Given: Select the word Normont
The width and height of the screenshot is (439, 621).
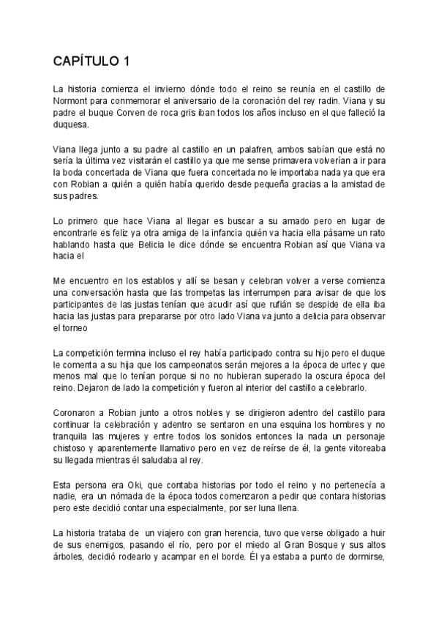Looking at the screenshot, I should (x=72, y=101).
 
